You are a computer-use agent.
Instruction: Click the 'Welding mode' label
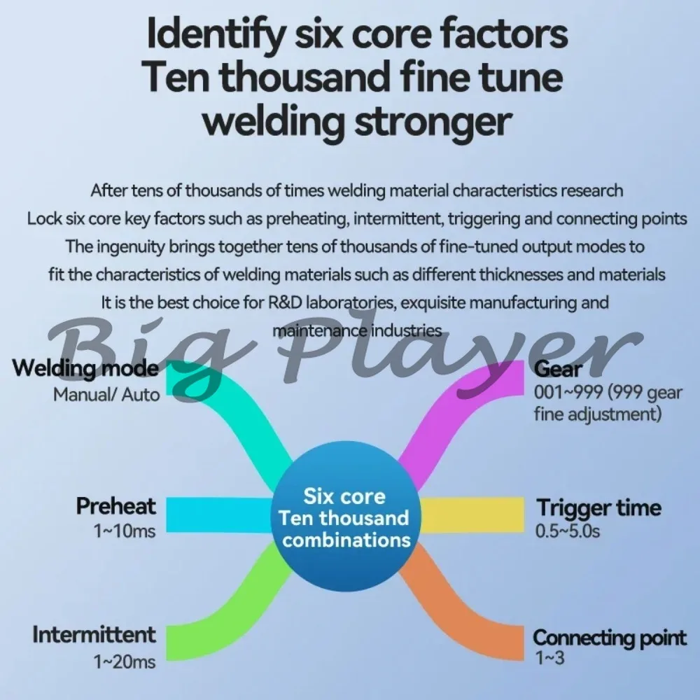pos(85,369)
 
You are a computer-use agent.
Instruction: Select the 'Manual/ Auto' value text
pos(106,395)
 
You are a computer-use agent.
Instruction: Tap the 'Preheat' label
pos(116,506)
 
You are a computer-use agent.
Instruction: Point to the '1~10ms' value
pos(125,531)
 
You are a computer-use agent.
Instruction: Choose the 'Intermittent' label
pos(94,635)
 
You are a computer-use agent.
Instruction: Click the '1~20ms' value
pos(125,661)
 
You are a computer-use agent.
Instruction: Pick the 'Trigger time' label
pos(598,507)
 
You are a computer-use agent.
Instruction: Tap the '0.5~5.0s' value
pos(568,531)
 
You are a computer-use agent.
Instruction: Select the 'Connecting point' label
pos(610,638)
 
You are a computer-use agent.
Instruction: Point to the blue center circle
pos(346,518)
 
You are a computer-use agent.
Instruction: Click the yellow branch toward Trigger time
pos(472,515)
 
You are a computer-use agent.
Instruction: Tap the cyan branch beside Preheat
pos(219,514)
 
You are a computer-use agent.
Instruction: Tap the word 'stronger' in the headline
pos(433,120)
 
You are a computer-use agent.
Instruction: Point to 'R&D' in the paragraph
pos(285,302)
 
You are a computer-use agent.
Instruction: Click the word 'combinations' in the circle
pos(346,540)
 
